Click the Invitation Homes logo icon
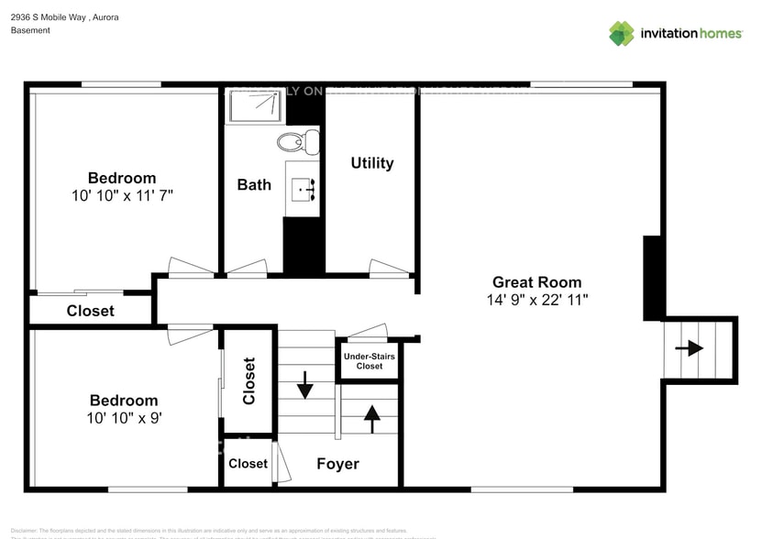click(622, 34)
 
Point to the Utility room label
click(371, 163)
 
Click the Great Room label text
click(536, 282)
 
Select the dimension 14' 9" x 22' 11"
click(537, 300)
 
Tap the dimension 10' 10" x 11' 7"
click(122, 195)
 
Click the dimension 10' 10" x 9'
click(123, 418)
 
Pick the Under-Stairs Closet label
click(370, 360)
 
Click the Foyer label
click(337, 464)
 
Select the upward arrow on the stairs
click(371, 418)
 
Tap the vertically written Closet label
click(248, 380)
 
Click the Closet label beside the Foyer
click(248, 464)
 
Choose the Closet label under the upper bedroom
click(91, 311)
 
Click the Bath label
click(254, 184)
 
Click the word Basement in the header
click(30, 30)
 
